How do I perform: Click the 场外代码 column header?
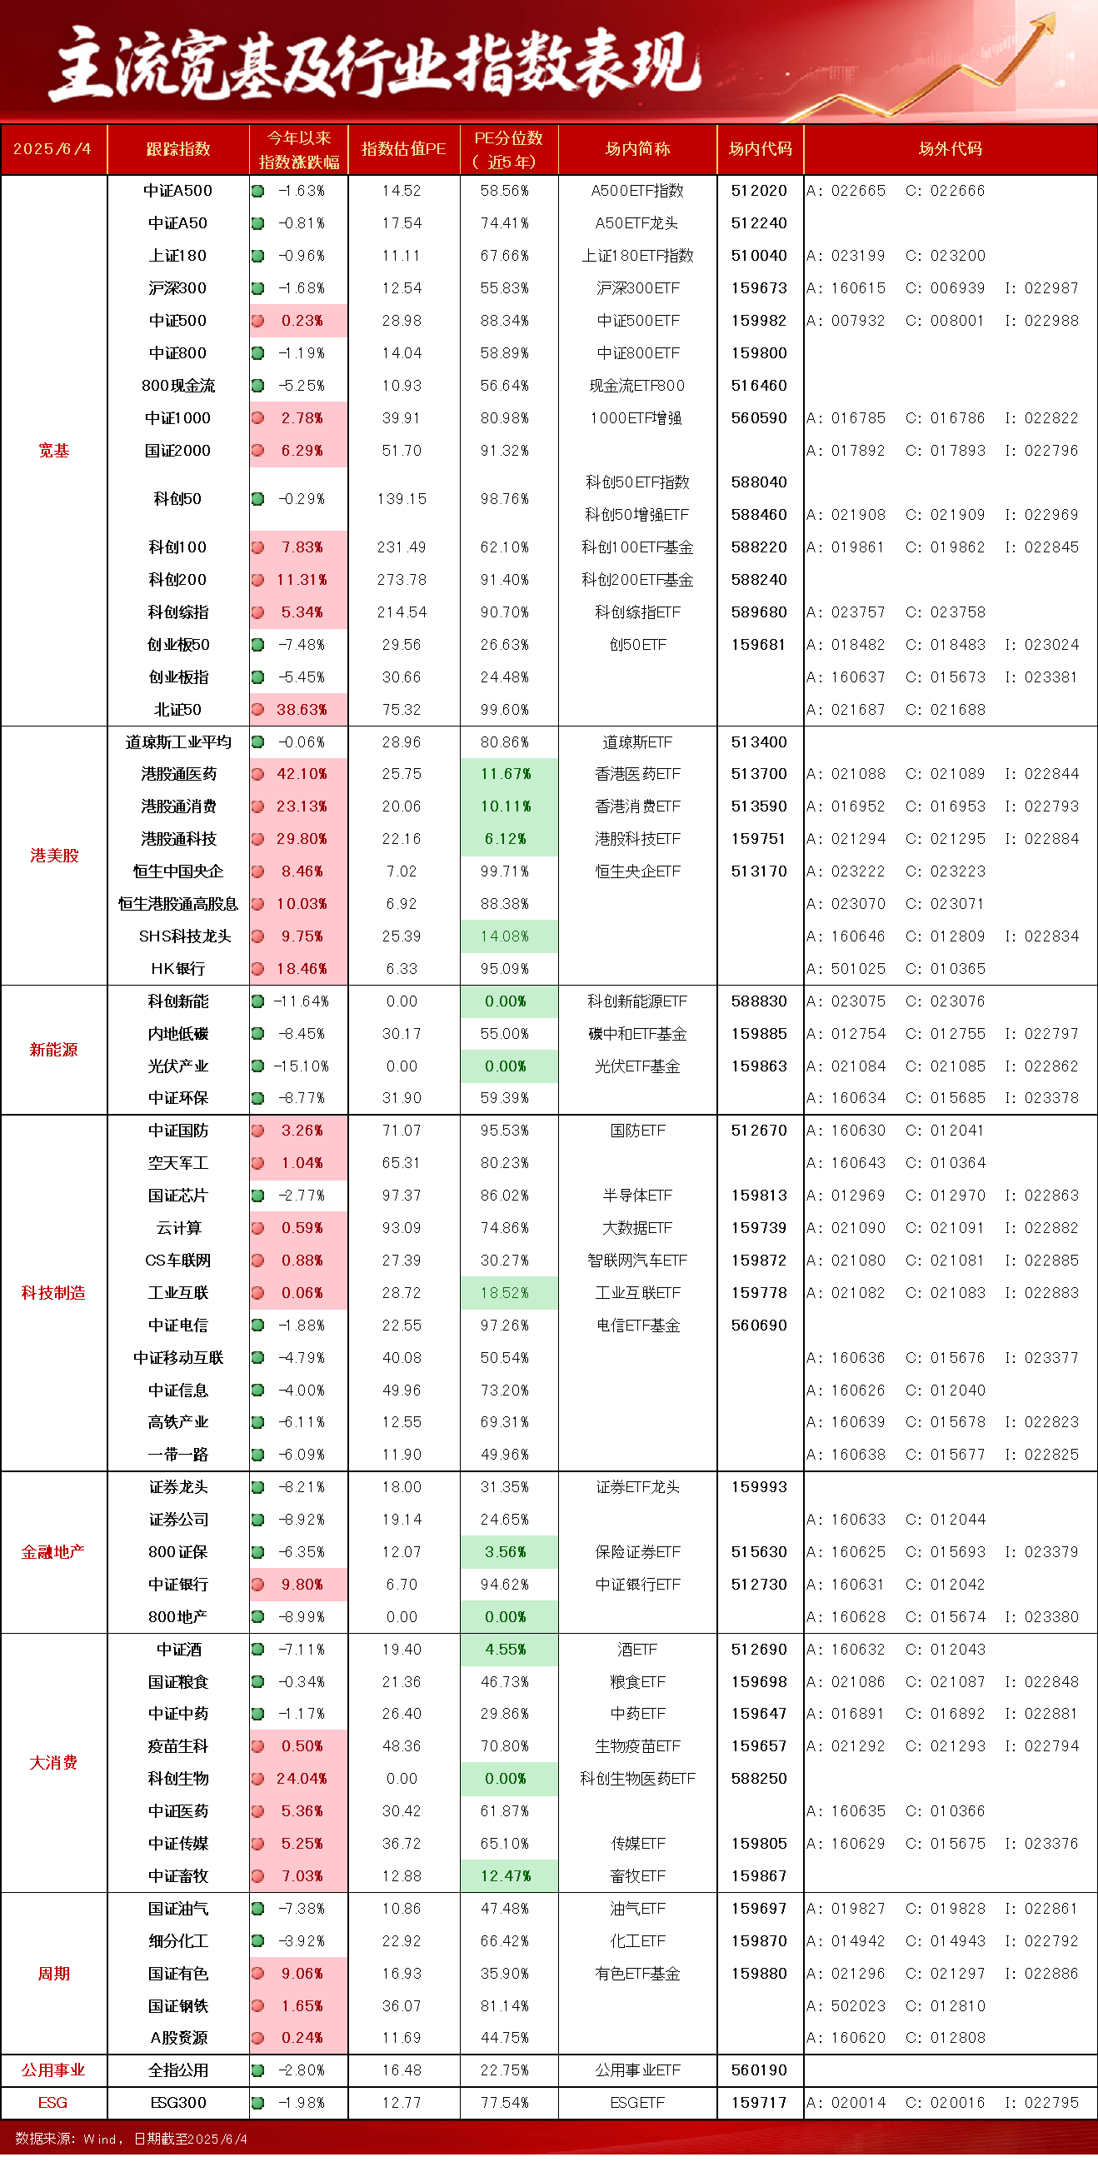(x=950, y=149)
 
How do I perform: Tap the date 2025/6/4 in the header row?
(x=52, y=149)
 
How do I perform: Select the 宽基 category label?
(x=53, y=451)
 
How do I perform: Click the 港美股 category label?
(x=54, y=856)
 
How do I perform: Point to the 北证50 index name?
(x=177, y=710)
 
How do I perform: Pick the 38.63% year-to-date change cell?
(x=302, y=710)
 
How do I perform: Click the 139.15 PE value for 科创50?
(x=402, y=499)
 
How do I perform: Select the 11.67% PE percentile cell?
(x=506, y=774)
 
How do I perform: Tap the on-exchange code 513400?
(x=759, y=742)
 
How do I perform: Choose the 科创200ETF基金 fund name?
(x=638, y=580)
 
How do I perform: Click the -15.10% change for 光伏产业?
(x=302, y=1066)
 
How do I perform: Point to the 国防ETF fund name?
(x=638, y=1131)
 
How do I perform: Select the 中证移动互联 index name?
(x=178, y=1358)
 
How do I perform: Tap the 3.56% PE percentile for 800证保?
(x=506, y=1552)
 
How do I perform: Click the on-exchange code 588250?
(x=759, y=1779)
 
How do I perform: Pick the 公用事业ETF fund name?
(x=638, y=2070)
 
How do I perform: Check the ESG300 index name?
(x=178, y=2103)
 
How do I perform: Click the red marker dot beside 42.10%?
(x=258, y=774)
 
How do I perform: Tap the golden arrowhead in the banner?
(x=1044, y=23)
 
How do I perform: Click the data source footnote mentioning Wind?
(x=132, y=2140)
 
